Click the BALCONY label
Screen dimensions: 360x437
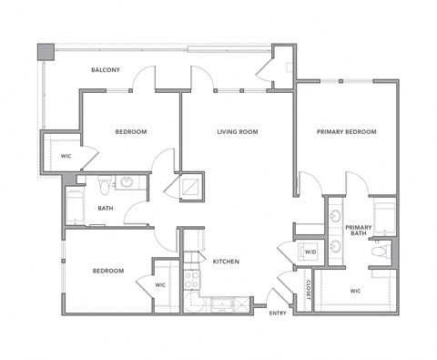[107, 70]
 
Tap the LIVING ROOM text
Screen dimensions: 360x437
[238, 132]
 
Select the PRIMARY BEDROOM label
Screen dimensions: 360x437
[346, 132]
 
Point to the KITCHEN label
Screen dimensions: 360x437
[226, 262]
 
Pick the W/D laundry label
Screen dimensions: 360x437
[310, 252]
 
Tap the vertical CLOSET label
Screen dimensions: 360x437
[309, 289]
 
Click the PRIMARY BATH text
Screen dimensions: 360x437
[358, 230]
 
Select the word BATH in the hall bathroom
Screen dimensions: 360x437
[106, 208]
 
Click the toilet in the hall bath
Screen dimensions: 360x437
[105, 186]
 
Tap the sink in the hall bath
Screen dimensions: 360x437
[127, 182]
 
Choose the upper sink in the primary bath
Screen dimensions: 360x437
[335, 216]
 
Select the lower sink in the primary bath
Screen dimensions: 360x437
[335, 245]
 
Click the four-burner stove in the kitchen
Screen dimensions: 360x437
[192, 278]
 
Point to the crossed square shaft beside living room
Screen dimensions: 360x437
[192, 186]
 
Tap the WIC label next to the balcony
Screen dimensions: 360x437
[66, 156]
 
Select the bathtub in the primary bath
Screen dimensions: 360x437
[384, 216]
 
